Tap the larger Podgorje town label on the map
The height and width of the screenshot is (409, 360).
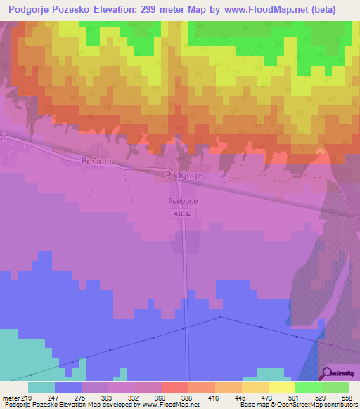click(x=184, y=176)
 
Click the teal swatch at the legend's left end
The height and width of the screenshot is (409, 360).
click(x=41, y=387)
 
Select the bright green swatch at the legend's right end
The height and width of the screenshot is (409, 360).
click(x=335, y=387)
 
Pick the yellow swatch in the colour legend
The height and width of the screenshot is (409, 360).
click(x=281, y=387)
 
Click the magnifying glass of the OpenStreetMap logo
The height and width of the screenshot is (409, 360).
click(x=328, y=373)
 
